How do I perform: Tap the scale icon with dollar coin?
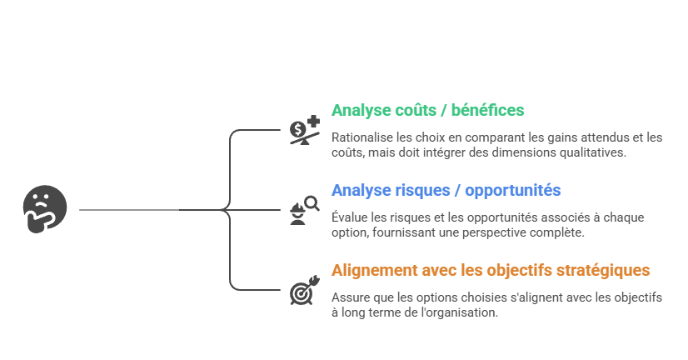[304, 130]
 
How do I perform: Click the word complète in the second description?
[559, 232]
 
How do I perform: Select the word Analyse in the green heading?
[360, 110]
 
